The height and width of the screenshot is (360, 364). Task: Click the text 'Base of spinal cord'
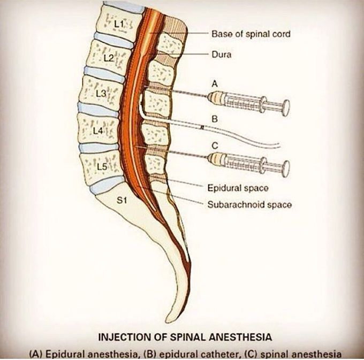click(243, 34)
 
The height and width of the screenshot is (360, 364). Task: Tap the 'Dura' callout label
click(220, 54)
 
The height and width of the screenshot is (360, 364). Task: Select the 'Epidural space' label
click(237, 188)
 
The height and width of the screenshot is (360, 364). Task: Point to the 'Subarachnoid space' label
click(248, 204)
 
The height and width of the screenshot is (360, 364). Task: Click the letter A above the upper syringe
click(215, 83)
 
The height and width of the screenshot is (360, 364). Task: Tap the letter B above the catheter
click(214, 120)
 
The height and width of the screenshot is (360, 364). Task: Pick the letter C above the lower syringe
click(215, 145)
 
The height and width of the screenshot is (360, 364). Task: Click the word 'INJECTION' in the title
click(122, 337)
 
